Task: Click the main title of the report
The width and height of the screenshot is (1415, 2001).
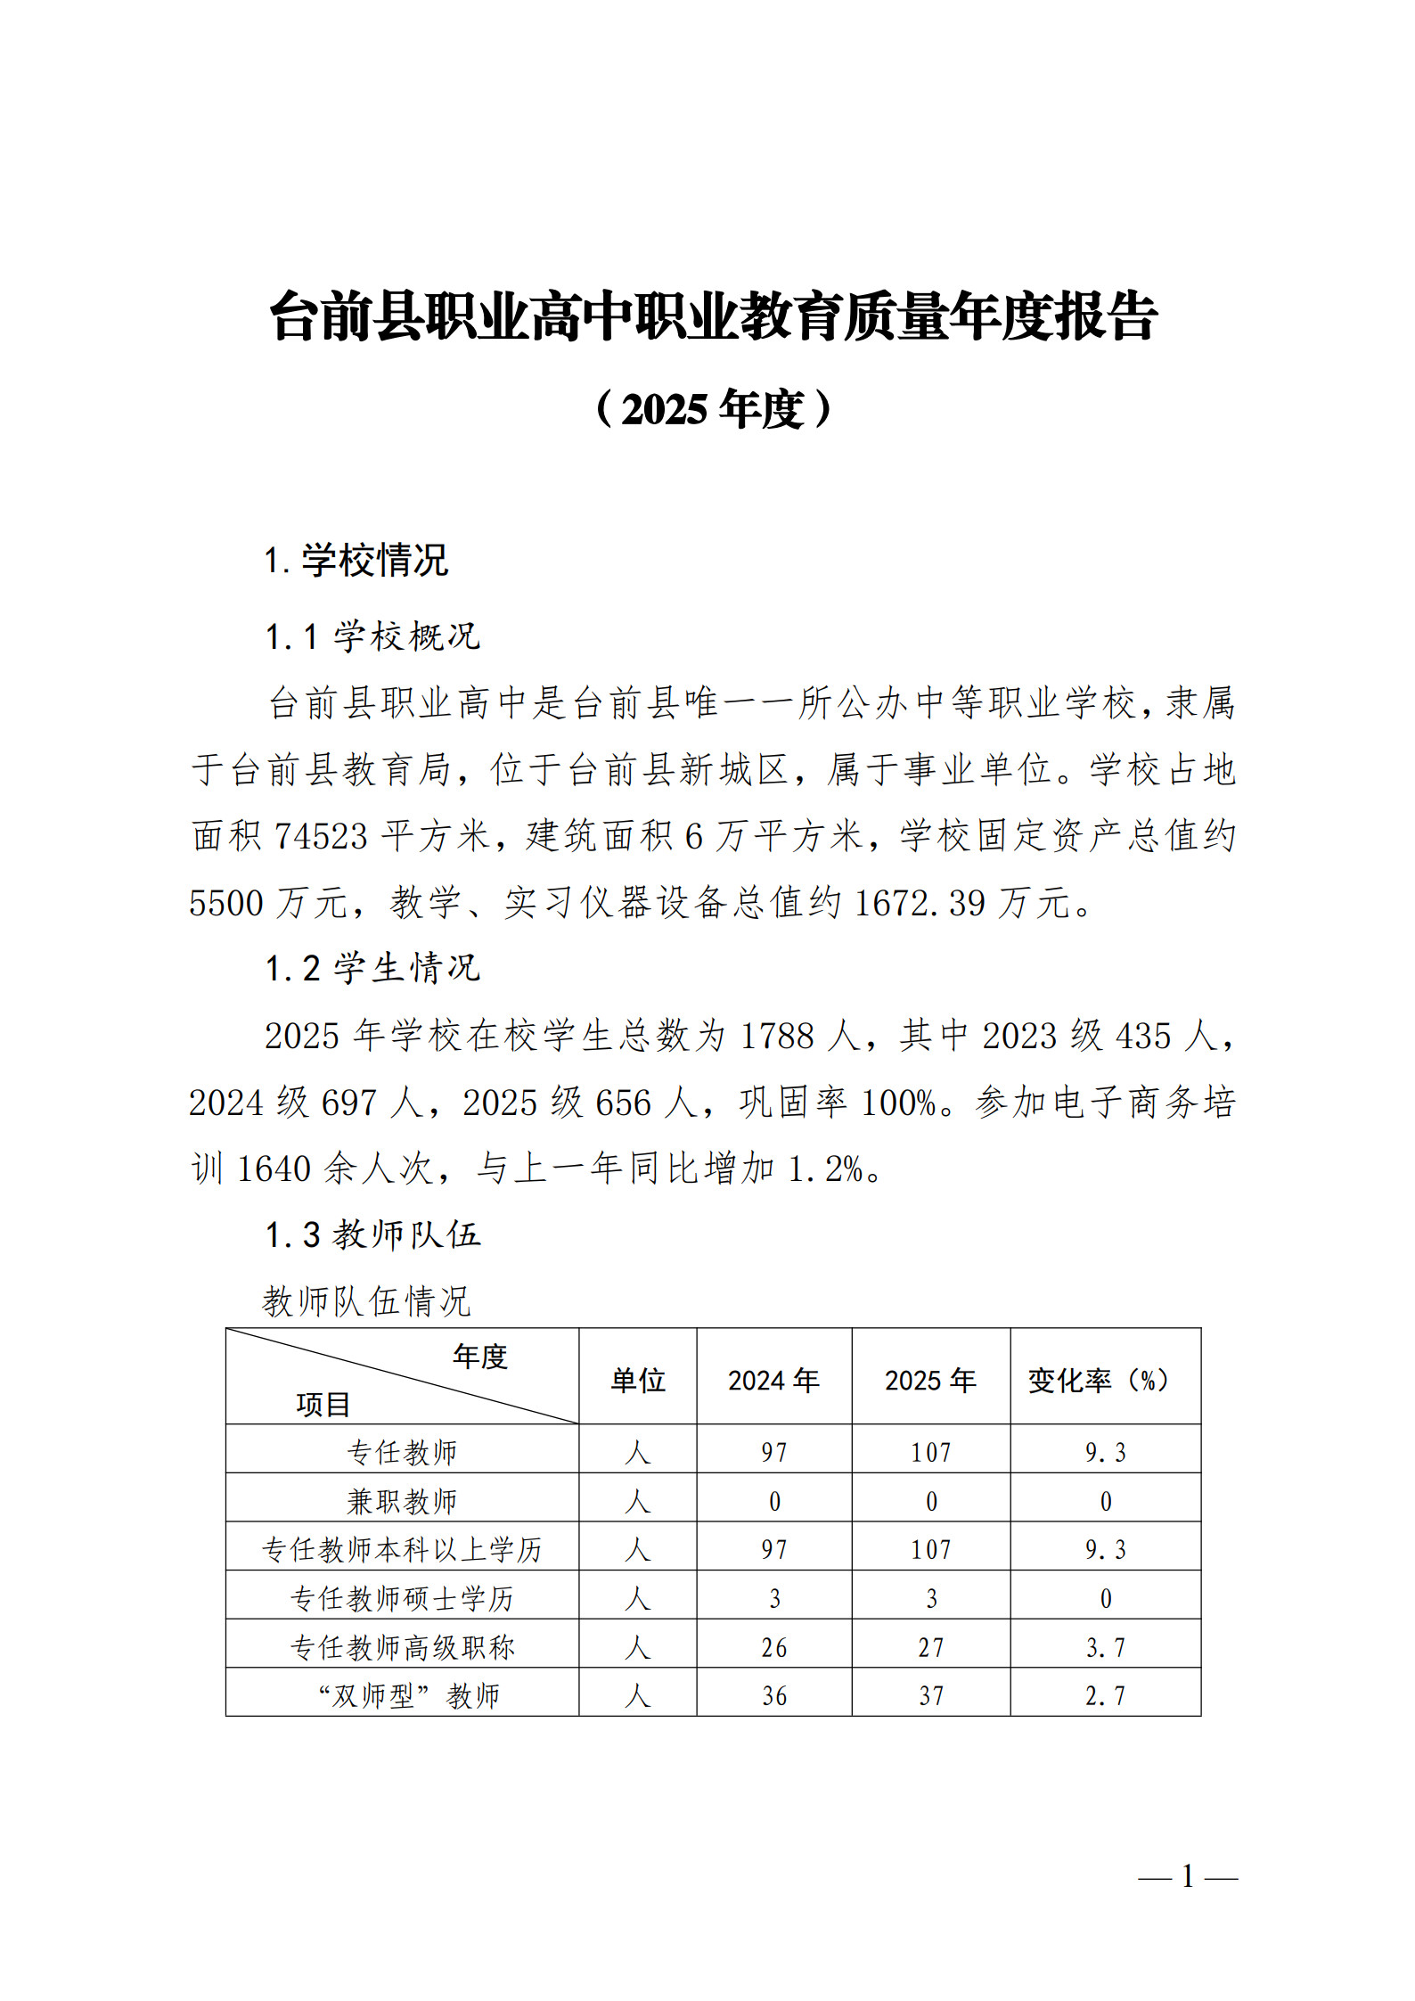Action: coord(713,316)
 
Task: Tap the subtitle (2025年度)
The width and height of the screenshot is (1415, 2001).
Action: coord(713,410)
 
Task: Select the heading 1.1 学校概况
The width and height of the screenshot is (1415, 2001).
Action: coord(372,636)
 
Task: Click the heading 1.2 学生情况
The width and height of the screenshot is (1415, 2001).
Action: coord(372,968)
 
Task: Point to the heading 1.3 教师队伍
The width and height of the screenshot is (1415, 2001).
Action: coord(372,1234)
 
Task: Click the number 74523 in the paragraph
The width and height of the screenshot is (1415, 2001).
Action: coord(321,836)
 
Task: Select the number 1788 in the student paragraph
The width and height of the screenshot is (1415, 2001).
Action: coord(777,1036)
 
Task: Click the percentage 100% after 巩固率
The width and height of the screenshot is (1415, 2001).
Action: coord(898,1103)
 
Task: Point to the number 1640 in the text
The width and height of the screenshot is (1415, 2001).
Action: coord(274,1169)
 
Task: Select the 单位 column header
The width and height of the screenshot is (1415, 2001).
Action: coord(637,1381)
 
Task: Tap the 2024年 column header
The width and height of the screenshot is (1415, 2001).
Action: coord(773,1381)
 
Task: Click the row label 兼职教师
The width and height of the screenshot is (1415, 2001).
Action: coord(402,1502)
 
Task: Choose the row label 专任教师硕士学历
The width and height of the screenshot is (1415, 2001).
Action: coord(402,1599)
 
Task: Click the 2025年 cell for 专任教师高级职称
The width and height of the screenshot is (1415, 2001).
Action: coord(931,1648)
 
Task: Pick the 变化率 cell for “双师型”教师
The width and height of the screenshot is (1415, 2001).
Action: coord(1105,1696)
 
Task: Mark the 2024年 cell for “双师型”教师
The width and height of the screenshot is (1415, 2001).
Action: coord(773,1696)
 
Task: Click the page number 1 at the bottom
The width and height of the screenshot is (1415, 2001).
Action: coord(1188,1876)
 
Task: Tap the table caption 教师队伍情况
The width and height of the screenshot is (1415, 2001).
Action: coord(366,1301)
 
